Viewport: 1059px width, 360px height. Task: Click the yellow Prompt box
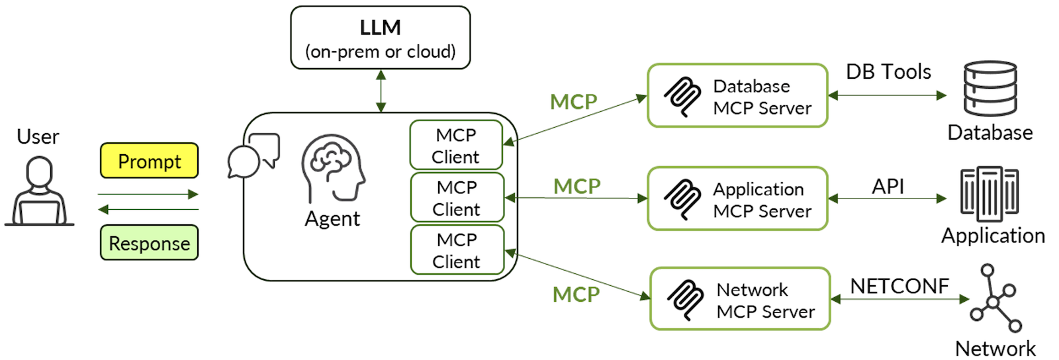click(x=149, y=161)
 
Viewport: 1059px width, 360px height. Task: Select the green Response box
click(x=149, y=243)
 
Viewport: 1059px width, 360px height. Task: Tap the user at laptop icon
click(x=40, y=192)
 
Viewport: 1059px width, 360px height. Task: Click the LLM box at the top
click(x=380, y=38)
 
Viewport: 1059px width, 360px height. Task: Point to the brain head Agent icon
click(x=333, y=168)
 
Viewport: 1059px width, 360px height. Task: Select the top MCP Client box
click(x=456, y=146)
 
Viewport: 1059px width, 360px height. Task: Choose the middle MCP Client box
click(x=457, y=198)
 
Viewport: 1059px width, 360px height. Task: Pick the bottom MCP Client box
click(x=457, y=250)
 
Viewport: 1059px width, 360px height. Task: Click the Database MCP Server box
click(x=737, y=96)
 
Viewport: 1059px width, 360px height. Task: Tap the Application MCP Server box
click(x=737, y=199)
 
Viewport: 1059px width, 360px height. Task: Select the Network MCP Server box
click(x=739, y=299)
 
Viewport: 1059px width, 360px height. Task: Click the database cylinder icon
click(x=990, y=89)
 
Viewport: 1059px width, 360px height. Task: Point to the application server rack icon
click(x=989, y=193)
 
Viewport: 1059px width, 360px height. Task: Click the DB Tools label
click(x=888, y=71)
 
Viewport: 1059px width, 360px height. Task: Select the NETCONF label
click(x=899, y=286)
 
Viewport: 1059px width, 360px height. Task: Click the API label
click(x=888, y=186)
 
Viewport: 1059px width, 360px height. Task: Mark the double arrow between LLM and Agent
click(x=381, y=91)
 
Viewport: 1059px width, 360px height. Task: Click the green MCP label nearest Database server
click(x=573, y=102)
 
